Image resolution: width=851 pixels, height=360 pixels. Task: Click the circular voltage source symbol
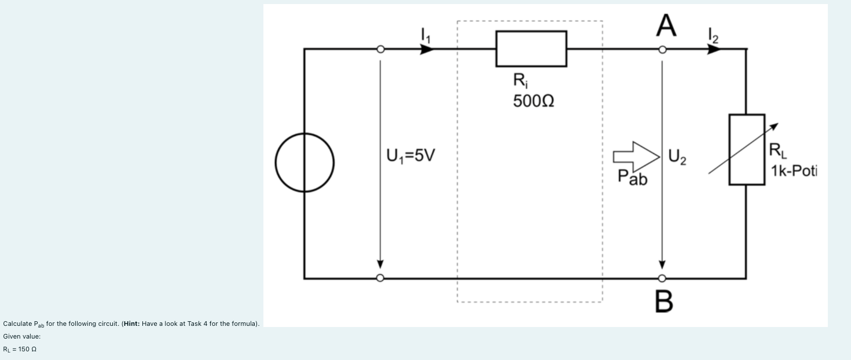point(305,163)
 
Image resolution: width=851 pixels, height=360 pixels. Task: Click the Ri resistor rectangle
point(531,49)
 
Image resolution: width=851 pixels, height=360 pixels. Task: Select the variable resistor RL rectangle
point(747,150)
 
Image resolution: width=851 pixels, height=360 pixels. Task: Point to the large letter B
point(665,301)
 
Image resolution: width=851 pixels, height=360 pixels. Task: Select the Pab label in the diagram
point(632,178)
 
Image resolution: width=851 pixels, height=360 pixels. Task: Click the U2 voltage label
point(677,156)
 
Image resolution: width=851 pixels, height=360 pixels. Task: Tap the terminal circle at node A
point(663,50)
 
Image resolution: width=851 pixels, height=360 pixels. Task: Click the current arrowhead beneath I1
point(427,50)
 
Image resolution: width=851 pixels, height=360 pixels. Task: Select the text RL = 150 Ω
point(21,349)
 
